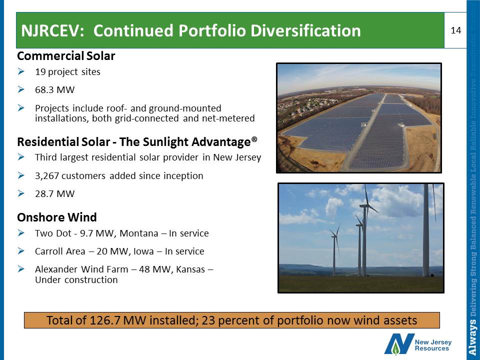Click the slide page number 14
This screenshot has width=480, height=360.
click(x=456, y=30)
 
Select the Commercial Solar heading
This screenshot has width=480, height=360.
click(x=66, y=55)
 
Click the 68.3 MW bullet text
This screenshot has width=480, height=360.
click(x=55, y=89)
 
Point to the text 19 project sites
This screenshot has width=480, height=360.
click(x=67, y=72)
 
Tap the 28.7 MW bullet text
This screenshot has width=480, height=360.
click(x=55, y=194)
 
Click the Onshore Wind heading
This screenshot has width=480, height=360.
click(x=57, y=217)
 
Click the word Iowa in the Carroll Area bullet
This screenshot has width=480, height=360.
click(x=143, y=251)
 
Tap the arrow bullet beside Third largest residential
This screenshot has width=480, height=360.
click(x=21, y=157)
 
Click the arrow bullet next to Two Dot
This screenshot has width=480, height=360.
click(x=21, y=233)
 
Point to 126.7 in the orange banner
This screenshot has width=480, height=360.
click(x=106, y=320)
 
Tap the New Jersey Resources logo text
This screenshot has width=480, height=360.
click(x=433, y=345)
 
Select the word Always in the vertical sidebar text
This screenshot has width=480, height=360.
click(x=473, y=337)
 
